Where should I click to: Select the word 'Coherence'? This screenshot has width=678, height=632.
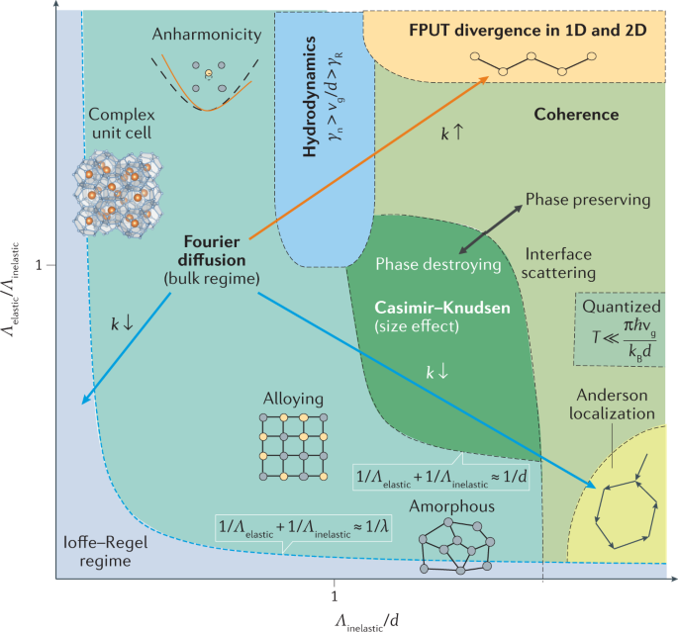576,115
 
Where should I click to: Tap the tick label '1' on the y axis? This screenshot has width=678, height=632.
39,266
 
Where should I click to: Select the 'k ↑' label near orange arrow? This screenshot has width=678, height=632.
453,131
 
